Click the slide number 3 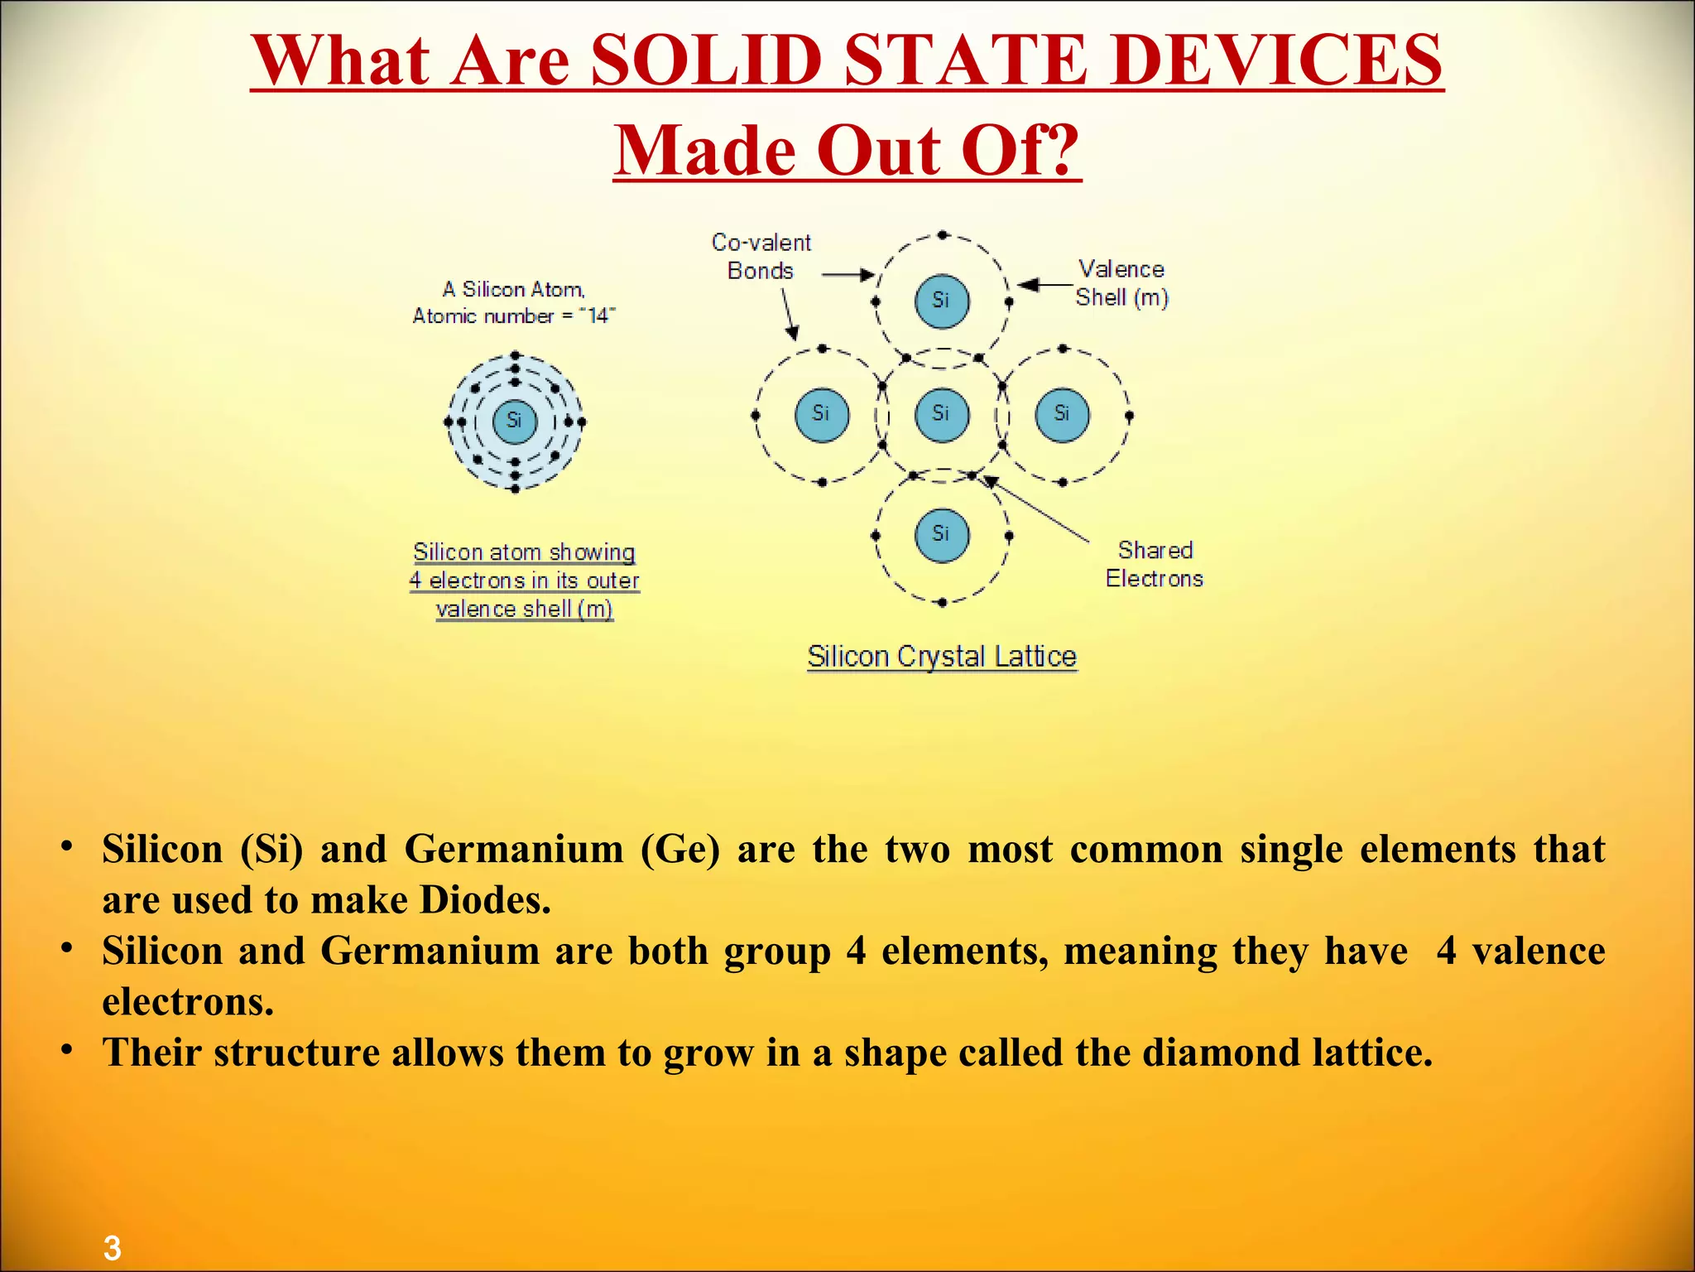point(112,1247)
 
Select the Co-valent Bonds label point(761,256)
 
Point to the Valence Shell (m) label point(1121,282)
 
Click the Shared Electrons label point(1155,564)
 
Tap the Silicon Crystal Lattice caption point(942,656)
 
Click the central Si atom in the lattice point(942,414)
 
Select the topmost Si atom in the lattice point(942,301)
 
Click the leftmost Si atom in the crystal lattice point(821,414)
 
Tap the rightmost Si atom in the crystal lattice point(1062,414)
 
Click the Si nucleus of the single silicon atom point(514,421)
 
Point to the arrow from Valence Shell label point(1044,285)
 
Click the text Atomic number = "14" point(514,316)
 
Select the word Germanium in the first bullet point(514,850)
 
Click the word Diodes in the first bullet point(485,901)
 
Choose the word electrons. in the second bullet point(188,1003)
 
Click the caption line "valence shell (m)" point(524,609)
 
